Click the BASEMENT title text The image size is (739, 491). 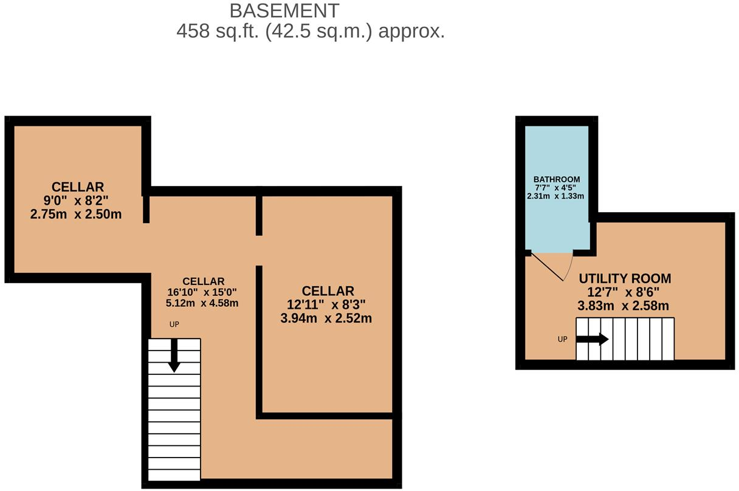click(284, 11)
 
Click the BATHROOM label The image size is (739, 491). click(557, 179)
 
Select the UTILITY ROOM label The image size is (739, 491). click(625, 278)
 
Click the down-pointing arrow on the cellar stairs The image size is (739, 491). click(174, 355)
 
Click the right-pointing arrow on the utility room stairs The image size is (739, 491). click(592, 339)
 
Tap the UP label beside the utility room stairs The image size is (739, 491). click(563, 339)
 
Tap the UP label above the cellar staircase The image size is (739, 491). click(174, 324)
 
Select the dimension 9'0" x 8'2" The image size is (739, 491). click(76, 201)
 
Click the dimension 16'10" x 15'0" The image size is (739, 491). click(202, 292)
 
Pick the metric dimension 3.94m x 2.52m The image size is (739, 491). click(326, 318)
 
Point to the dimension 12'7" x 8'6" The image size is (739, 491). click(623, 292)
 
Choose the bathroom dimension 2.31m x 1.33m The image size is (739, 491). click(555, 196)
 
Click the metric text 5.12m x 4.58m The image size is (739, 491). click(202, 303)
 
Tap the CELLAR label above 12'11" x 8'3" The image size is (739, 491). click(328, 291)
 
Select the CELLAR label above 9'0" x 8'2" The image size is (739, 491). click(78, 187)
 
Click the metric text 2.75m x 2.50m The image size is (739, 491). click(76, 215)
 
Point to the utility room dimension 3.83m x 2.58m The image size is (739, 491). click(623, 306)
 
